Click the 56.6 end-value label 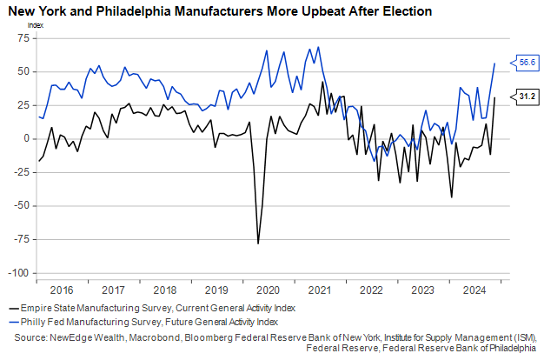(527, 63)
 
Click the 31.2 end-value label (527, 97)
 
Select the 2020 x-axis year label (268, 290)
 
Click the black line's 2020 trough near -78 (258, 243)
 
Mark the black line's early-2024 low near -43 (452, 197)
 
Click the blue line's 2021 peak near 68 (319, 47)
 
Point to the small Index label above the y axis (35, 24)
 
